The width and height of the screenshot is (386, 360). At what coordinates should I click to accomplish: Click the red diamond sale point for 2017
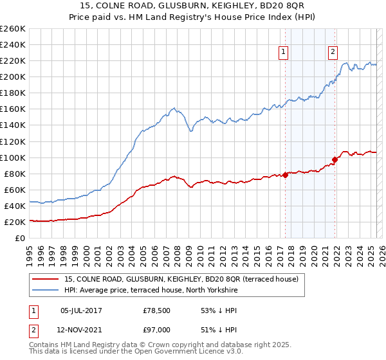[285, 175]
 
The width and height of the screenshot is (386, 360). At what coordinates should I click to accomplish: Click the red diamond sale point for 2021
[335, 159]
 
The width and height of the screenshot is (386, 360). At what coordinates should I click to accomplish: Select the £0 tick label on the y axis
[19, 238]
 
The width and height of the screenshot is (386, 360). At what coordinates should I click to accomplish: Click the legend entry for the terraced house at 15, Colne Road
[181, 279]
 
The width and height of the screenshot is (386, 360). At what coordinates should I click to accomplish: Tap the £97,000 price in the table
[156, 329]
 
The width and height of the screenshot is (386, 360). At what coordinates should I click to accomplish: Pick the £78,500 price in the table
[156, 311]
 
